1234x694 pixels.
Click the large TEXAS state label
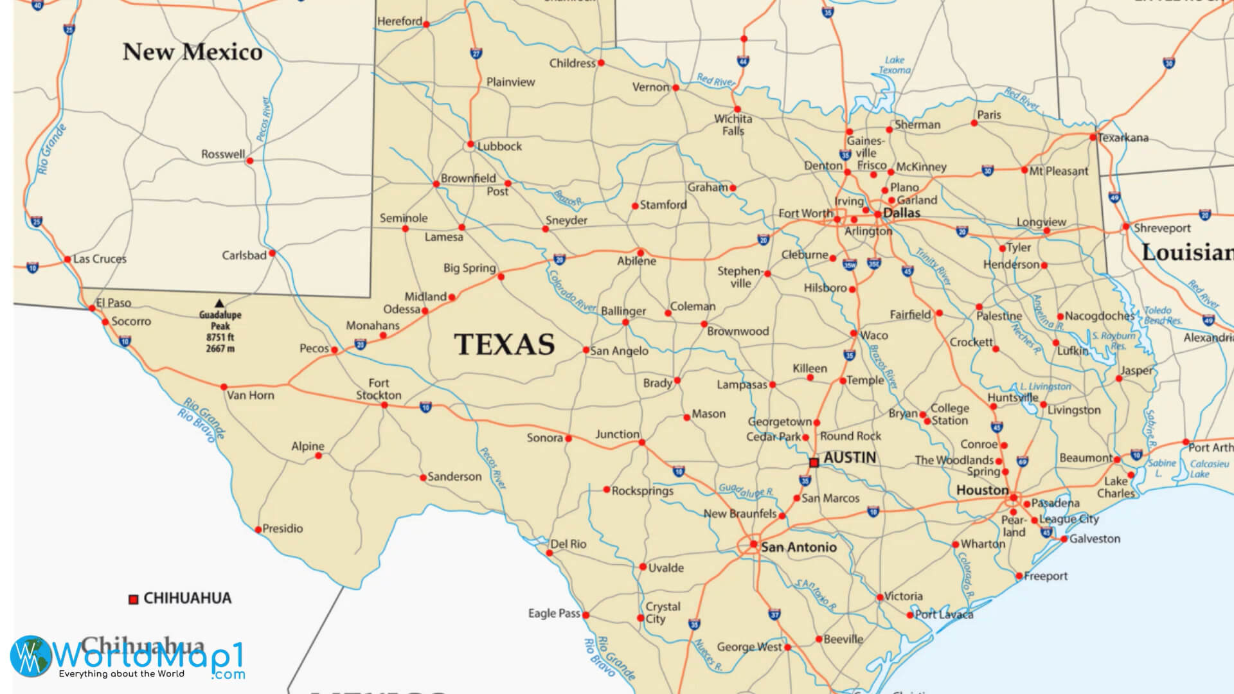click(x=505, y=344)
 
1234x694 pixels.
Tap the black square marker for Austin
click(x=814, y=462)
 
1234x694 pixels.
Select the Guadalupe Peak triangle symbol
click(x=220, y=303)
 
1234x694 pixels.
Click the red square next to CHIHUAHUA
click(x=134, y=600)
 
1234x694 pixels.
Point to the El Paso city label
click(x=114, y=303)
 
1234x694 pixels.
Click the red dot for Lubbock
click(x=470, y=144)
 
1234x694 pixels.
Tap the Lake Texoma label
click(x=895, y=65)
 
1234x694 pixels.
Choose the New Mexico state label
click(x=192, y=52)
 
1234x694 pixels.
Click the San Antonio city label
click(x=799, y=547)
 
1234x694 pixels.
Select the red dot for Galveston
click(x=1064, y=539)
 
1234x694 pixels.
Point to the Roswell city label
click(x=223, y=154)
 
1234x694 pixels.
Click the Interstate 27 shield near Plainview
click(x=476, y=53)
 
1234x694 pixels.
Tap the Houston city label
click(x=982, y=490)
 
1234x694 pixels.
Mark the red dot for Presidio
click(x=258, y=529)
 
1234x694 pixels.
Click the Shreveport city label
click(x=1162, y=228)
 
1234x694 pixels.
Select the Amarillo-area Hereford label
click(x=399, y=21)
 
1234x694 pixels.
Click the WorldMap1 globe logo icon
click(x=31, y=656)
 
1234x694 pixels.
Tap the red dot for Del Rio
click(x=550, y=553)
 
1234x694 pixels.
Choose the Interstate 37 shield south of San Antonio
click(x=774, y=615)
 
